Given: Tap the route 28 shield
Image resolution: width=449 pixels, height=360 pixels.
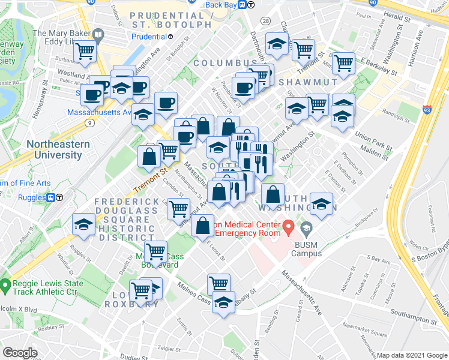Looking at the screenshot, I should (x=266, y=21).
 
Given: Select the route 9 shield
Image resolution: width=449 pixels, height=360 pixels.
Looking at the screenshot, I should (x=89, y=123).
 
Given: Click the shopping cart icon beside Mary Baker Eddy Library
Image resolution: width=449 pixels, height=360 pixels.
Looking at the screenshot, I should (x=86, y=52).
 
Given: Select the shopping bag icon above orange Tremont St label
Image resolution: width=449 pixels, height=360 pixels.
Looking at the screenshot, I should (x=149, y=157).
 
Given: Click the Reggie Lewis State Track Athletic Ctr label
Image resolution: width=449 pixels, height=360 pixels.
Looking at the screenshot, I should (x=45, y=287).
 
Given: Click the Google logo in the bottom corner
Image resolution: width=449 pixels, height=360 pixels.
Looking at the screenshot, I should (x=20, y=352).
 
